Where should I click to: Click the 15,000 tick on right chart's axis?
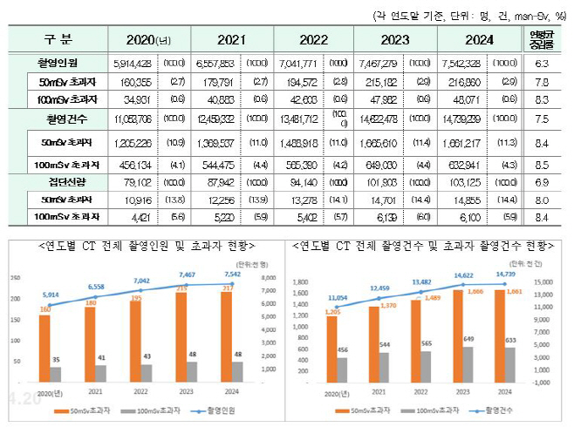coord(541,281)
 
